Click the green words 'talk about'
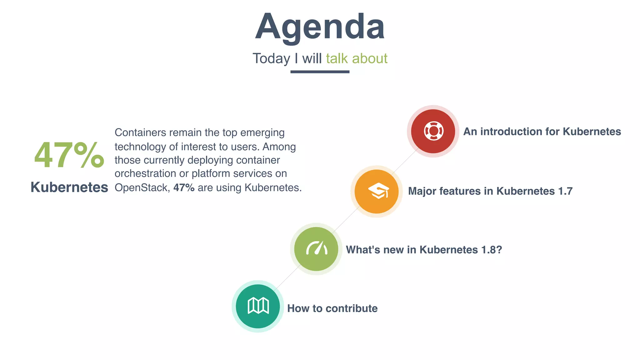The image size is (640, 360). tap(357, 58)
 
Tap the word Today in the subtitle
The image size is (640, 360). tap(271, 58)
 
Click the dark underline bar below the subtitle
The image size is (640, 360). tap(320, 72)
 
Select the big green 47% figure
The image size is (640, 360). tap(69, 155)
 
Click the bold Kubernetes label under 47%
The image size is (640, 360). tap(69, 187)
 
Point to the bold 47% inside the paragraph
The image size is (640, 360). tap(184, 187)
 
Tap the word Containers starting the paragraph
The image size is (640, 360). tap(140, 132)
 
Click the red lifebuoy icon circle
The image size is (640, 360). tap(433, 131)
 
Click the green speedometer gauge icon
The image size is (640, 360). tap(316, 249)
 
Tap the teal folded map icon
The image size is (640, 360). tap(258, 306)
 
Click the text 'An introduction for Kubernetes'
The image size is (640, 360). tap(542, 132)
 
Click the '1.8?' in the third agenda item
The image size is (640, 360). tap(491, 250)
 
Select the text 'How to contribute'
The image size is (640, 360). tap(332, 308)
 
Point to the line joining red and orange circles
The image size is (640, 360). tap(405, 161)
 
